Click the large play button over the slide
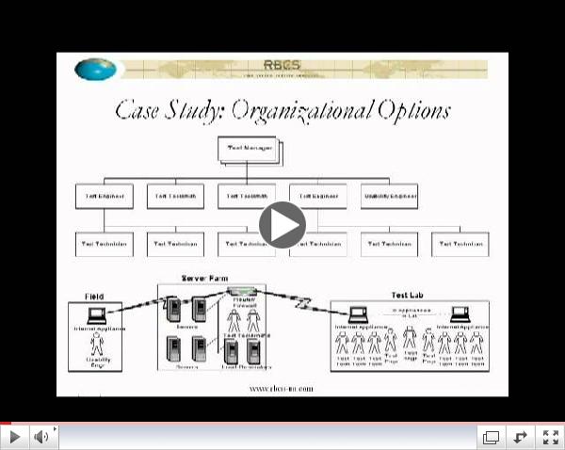(x=282, y=225)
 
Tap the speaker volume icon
(x=41, y=437)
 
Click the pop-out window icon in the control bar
(x=491, y=437)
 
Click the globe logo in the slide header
(x=96, y=69)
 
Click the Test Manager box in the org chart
(x=247, y=149)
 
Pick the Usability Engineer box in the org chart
(x=390, y=196)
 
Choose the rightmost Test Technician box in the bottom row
(x=460, y=244)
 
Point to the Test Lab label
(x=407, y=295)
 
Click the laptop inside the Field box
(x=95, y=315)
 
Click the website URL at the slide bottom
(x=281, y=388)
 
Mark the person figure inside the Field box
(x=95, y=343)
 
